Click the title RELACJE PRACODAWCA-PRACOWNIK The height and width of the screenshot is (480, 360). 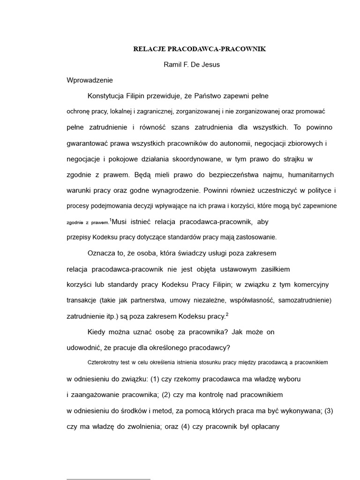200,49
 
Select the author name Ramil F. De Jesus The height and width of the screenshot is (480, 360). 191,65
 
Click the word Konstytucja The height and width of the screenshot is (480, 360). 105,96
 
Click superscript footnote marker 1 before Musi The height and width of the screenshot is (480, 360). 111,219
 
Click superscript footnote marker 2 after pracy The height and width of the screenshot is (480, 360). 227,315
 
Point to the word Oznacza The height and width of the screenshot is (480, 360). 100,253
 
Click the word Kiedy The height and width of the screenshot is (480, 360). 97,332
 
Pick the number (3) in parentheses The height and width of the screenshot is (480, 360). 329,411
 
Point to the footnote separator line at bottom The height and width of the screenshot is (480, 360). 108,479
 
